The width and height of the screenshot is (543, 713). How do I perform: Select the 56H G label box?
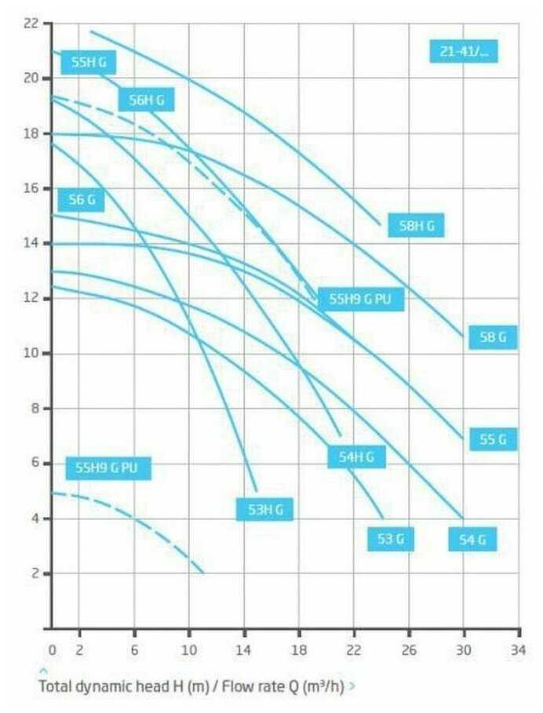click(146, 100)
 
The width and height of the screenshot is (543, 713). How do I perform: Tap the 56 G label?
click(82, 200)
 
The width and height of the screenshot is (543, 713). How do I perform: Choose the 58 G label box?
click(493, 338)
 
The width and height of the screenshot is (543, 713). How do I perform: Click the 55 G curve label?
click(493, 440)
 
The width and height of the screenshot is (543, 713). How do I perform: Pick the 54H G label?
click(356, 457)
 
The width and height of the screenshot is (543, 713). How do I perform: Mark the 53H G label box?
click(264, 510)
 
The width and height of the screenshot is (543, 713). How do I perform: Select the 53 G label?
click(390, 540)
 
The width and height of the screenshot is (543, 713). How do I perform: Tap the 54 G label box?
click(472, 540)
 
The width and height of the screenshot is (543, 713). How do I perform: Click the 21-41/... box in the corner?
click(464, 52)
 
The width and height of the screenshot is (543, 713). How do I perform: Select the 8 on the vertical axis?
click(35, 409)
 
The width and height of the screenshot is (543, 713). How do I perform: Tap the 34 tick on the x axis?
click(518, 650)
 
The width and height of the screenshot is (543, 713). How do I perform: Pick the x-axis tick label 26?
click(408, 650)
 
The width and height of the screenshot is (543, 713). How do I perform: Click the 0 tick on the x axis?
click(52, 650)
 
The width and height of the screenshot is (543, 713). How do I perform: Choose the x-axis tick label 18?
click(298, 650)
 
